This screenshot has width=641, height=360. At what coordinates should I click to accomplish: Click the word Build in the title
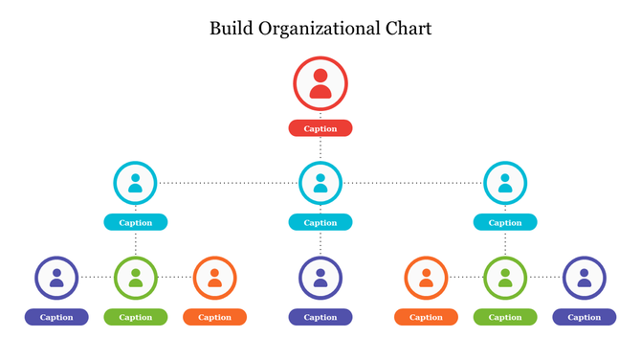[231, 29]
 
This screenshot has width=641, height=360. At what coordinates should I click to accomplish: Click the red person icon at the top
[320, 83]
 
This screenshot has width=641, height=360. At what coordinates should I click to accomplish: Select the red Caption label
[320, 128]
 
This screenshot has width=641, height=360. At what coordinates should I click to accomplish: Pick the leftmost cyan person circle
[136, 182]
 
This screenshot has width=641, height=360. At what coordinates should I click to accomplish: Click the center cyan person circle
[320, 182]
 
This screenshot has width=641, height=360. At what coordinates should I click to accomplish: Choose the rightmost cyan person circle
[505, 182]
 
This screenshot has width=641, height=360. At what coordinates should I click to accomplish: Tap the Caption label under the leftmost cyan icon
[136, 223]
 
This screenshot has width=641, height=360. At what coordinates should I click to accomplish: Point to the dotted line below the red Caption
[320, 147]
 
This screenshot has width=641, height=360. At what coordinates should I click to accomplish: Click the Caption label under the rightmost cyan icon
[505, 223]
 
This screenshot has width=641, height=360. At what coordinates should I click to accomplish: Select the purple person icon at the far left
[56, 278]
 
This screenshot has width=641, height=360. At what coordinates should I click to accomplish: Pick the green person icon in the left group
[136, 278]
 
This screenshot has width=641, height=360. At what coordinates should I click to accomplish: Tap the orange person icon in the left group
[214, 278]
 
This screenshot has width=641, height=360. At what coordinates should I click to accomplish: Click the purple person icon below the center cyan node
[320, 278]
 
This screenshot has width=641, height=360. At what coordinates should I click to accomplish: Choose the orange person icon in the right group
[426, 278]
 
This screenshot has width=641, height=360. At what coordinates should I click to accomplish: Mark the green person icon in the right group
[505, 278]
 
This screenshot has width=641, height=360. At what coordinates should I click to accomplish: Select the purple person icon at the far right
[584, 278]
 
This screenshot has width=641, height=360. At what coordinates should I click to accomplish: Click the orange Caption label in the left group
[214, 317]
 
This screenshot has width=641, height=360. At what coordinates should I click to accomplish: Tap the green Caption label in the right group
[505, 317]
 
